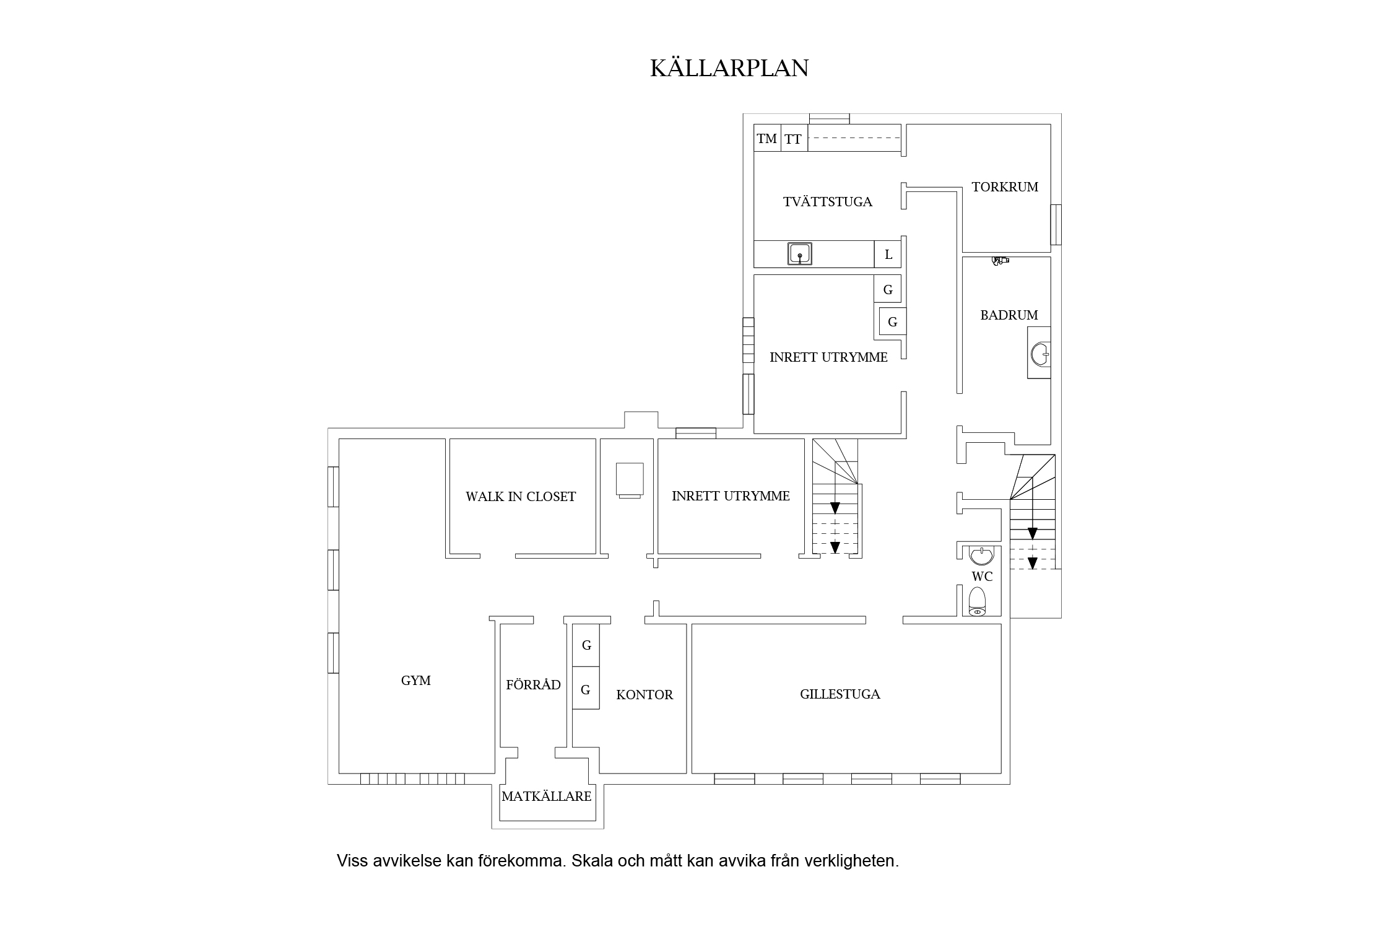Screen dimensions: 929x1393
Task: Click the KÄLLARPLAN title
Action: click(729, 69)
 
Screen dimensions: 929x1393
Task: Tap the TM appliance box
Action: click(767, 139)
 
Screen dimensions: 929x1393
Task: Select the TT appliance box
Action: click(794, 139)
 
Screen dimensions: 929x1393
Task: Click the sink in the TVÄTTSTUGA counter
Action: click(800, 254)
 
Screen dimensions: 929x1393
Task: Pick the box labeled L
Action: click(888, 255)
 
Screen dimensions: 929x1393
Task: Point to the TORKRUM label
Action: click(1004, 187)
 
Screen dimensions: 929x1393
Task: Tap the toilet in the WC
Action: click(978, 601)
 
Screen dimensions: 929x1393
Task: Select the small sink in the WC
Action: click(981, 555)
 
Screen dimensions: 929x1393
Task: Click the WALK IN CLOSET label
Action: click(521, 497)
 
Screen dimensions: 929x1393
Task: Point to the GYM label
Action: click(415, 681)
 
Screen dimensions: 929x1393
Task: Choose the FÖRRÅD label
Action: click(533, 685)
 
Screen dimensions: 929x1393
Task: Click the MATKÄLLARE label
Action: click(546, 796)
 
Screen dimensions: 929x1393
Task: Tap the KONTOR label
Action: click(644, 695)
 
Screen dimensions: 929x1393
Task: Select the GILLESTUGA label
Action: click(840, 694)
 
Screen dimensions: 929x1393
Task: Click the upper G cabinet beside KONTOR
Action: click(586, 645)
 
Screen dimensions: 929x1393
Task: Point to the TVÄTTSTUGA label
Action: click(827, 202)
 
